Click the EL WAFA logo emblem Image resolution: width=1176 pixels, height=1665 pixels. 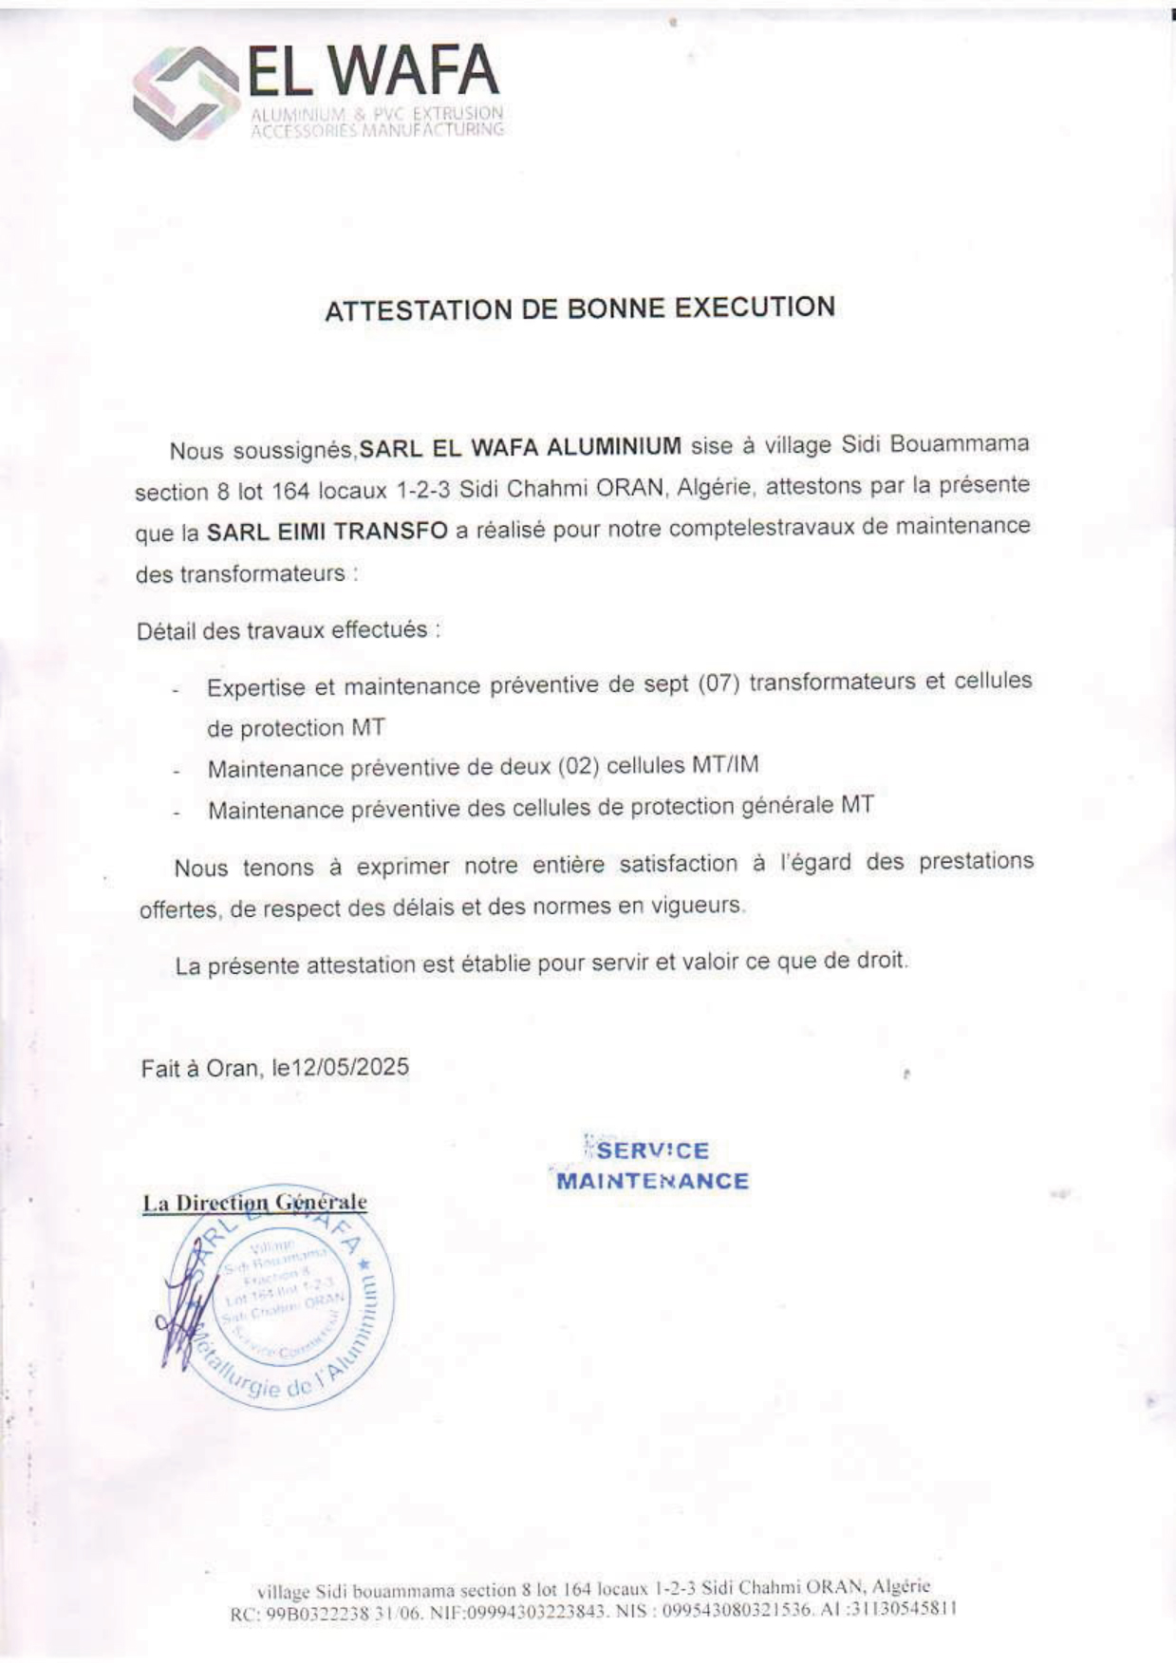click(186, 94)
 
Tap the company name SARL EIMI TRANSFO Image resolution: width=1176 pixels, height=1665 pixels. click(327, 532)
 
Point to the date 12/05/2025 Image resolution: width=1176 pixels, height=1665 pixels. click(350, 1067)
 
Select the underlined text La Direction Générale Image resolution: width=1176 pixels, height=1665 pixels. click(254, 1203)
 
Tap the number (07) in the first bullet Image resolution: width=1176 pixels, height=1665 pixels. click(719, 683)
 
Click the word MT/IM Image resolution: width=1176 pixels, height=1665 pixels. click(725, 764)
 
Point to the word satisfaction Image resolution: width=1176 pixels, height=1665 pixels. click(678, 864)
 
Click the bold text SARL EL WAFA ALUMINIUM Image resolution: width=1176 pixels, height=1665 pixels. click(520, 447)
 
